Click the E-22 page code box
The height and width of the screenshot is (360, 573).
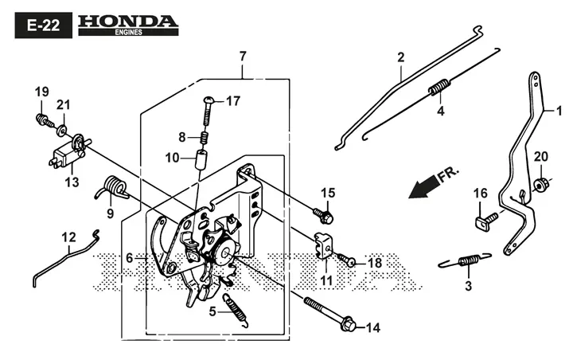pos(44,25)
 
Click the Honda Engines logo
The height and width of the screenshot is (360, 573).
pos(128,25)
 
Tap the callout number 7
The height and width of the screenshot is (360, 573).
pos(243,57)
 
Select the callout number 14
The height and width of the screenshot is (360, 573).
pos(372,327)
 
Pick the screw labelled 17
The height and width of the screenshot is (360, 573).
pos(210,112)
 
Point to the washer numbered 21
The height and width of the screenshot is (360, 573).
pos(61,130)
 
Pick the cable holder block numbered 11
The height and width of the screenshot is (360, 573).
pos(322,245)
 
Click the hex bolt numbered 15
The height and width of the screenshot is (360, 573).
pos(324,216)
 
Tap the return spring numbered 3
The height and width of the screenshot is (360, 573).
pos(466,260)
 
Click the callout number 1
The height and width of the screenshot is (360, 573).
pos(559,110)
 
